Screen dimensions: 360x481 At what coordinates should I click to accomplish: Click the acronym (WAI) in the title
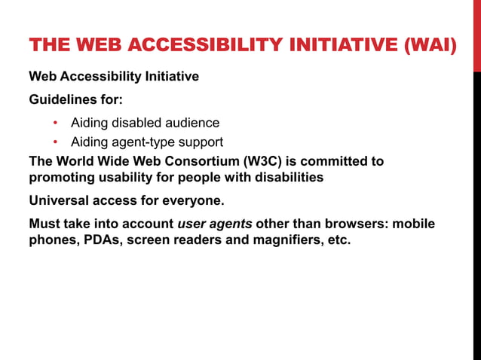[x=430, y=47]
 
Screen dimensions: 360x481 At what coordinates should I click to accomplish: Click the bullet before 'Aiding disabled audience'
[x=55, y=123]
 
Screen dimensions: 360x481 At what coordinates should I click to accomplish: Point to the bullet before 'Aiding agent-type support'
[x=55, y=142]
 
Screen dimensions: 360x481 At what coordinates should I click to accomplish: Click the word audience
[x=190, y=123]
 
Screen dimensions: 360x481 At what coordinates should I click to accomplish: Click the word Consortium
[x=195, y=161]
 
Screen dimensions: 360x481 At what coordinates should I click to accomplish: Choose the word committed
[x=336, y=161]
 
